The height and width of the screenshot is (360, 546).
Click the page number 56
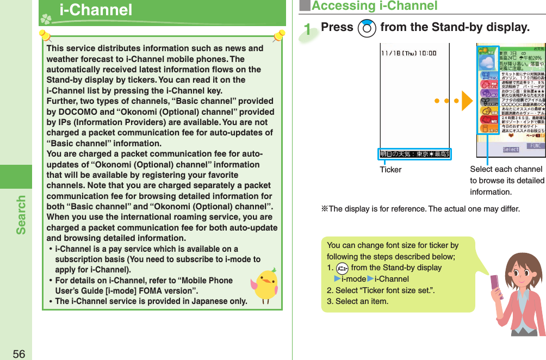click(x=18, y=353)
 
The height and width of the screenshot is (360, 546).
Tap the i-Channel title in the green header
click(x=96, y=10)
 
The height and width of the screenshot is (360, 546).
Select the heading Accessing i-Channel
click(x=374, y=6)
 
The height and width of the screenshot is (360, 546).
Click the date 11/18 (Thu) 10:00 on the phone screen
click(x=408, y=53)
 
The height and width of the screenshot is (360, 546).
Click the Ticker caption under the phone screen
click(x=390, y=170)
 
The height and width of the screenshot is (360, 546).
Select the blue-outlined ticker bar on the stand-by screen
click(x=415, y=154)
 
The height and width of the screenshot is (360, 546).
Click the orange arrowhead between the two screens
click(x=467, y=102)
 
